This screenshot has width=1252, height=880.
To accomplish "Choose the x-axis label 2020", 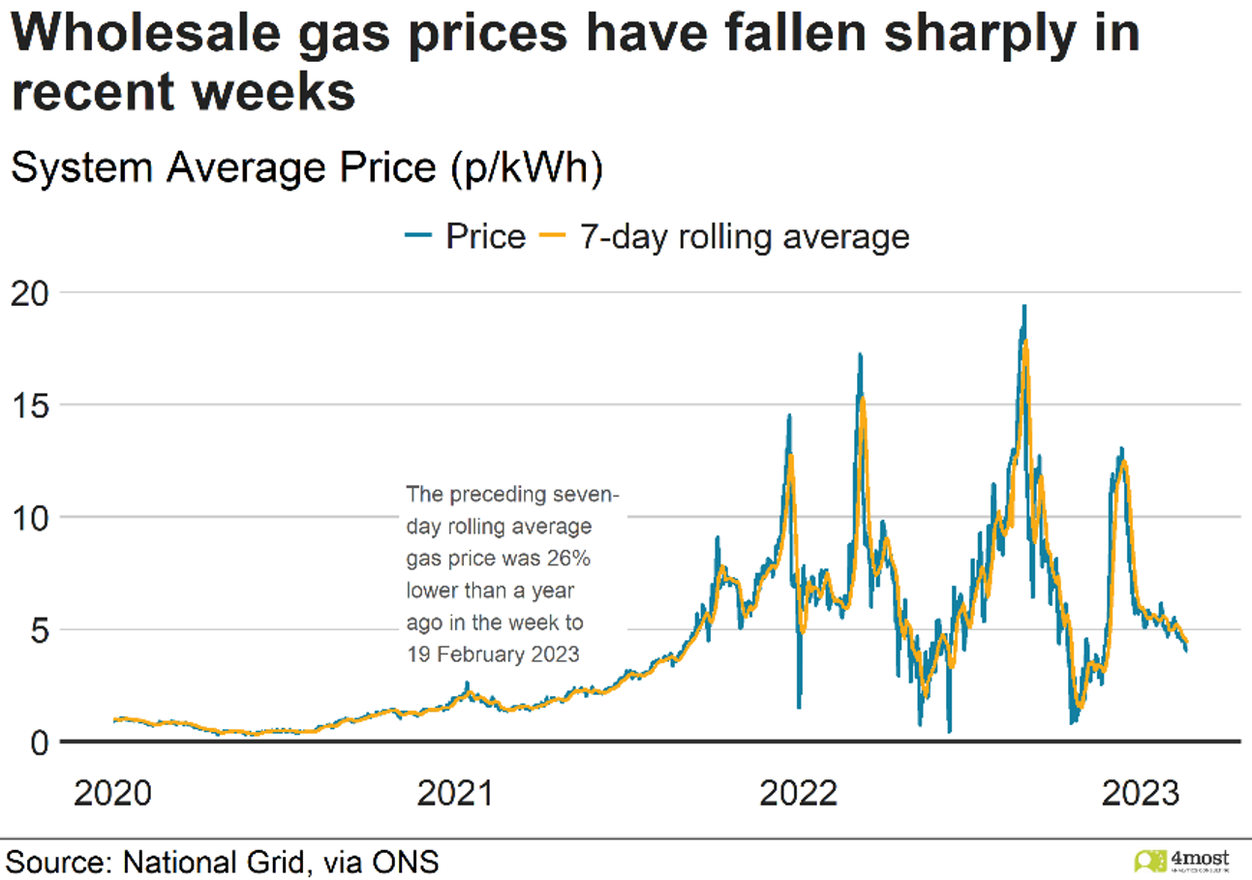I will click(114, 795).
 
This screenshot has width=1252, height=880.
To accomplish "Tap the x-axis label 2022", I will click(800, 795).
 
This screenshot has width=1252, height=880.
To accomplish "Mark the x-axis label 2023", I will click(1143, 795).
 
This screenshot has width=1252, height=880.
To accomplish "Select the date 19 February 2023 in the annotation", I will click(492, 654).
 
